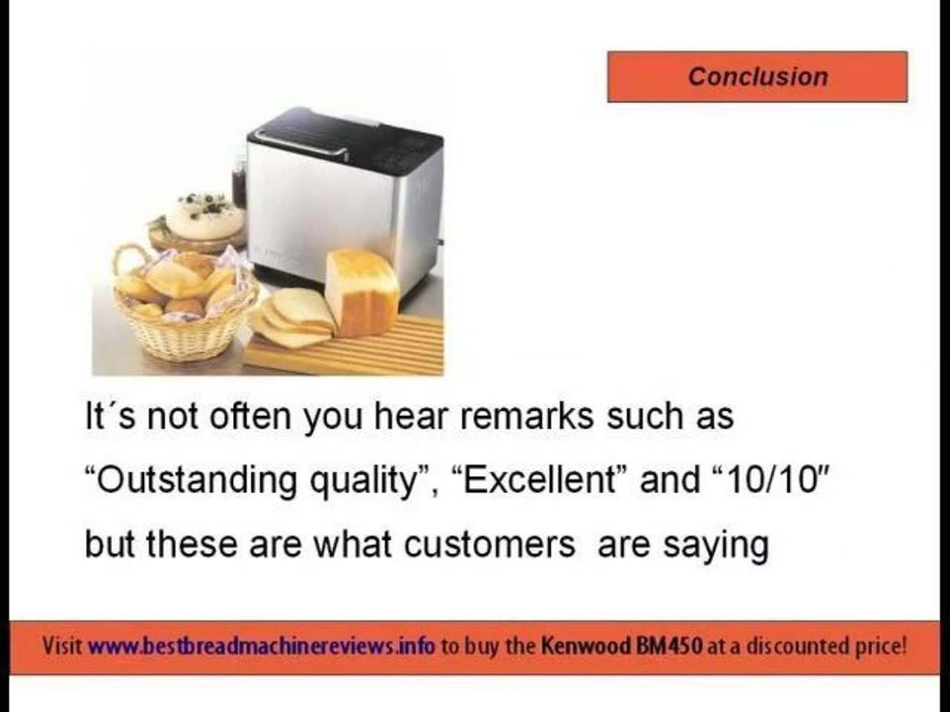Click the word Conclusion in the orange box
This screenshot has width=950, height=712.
click(x=758, y=77)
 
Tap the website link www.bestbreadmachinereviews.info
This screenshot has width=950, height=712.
click(x=261, y=647)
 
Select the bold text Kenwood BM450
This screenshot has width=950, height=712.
click(x=621, y=646)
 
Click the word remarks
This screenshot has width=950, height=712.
click(x=526, y=416)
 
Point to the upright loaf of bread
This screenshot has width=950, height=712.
click(x=363, y=292)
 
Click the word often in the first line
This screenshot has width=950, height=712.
click(x=250, y=415)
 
